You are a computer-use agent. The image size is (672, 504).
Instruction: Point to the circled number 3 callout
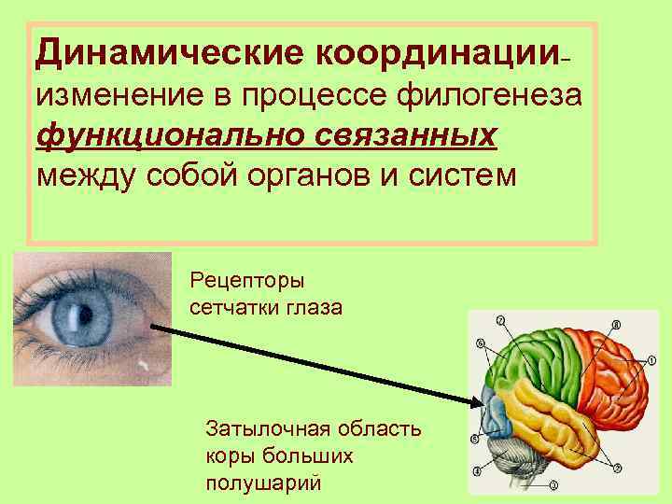(x=553, y=484)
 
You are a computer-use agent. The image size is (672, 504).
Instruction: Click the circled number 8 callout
(x=616, y=324)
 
